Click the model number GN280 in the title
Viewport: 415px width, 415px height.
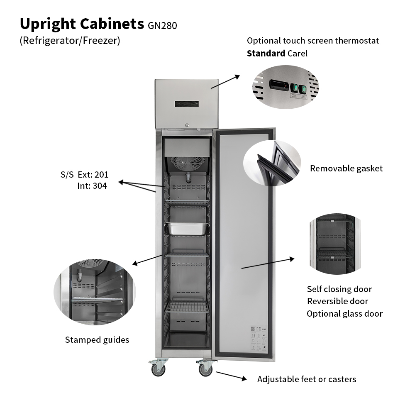coord(162,26)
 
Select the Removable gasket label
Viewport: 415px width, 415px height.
coord(346,168)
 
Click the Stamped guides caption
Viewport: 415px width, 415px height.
coord(97,340)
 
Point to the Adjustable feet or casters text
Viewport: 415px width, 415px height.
coord(306,379)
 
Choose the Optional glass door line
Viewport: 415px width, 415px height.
coord(344,314)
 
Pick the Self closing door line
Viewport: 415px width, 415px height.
coord(339,289)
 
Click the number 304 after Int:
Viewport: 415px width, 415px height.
coord(100,186)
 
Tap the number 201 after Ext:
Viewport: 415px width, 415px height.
coord(101,175)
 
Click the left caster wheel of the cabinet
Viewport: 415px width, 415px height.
coord(159,369)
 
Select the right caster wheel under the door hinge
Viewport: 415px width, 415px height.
coord(205,369)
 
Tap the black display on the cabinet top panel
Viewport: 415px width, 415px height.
coord(187,104)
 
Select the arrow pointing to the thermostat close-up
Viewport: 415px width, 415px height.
coord(225,81)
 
